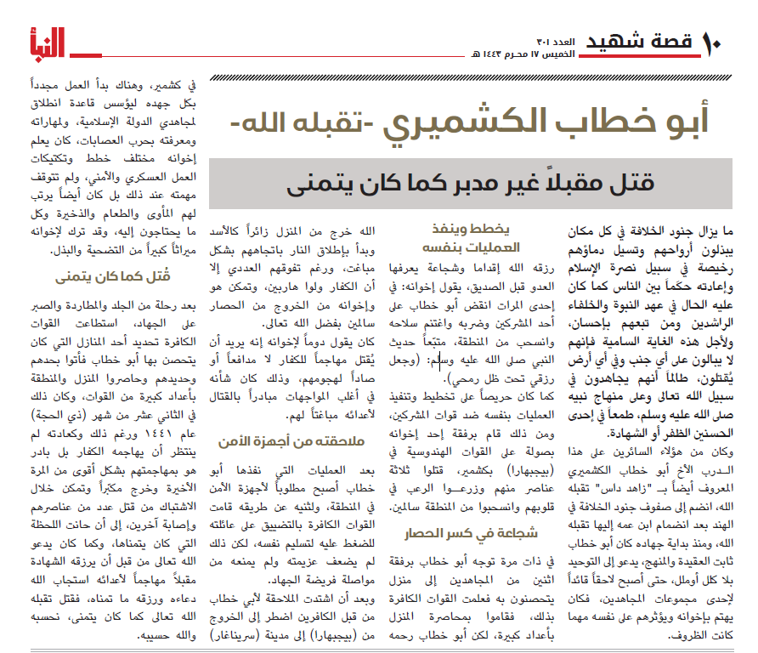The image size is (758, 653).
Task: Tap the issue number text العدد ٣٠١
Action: click(x=556, y=42)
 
